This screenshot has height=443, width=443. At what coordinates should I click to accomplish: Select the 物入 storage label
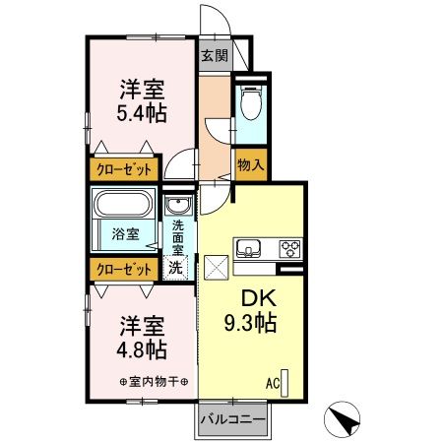point(250,164)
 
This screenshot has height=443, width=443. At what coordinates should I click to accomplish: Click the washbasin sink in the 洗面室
point(178,206)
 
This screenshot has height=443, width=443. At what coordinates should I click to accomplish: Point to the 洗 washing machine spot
point(174,266)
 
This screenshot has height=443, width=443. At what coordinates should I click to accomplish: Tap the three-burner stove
point(290,247)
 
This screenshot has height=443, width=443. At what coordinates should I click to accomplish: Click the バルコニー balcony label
point(232,418)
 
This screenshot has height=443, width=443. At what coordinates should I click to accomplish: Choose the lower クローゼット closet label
point(123,267)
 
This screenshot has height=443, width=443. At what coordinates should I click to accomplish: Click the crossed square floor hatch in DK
point(217,266)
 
